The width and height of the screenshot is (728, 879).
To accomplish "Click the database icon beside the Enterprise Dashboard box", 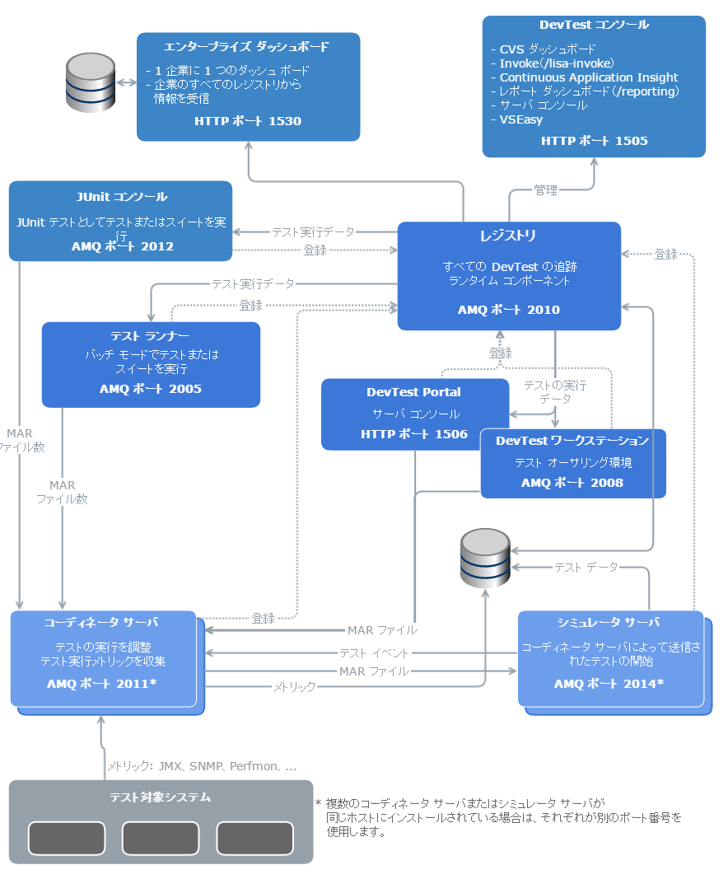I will pyautogui.click(x=90, y=82).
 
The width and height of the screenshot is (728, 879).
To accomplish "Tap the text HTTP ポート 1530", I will pyautogui.click(x=248, y=121).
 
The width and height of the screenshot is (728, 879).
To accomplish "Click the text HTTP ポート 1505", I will pyautogui.click(x=594, y=141).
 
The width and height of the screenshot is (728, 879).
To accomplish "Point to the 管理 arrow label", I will pyautogui.click(x=545, y=190).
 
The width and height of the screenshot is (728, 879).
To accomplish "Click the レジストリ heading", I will pyautogui.click(x=508, y=236).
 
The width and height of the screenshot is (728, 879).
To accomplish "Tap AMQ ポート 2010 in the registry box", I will pyautogui.click(x=508, y=310).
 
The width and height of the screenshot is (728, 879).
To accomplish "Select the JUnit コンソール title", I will pyautogui.click(x=120, y=197).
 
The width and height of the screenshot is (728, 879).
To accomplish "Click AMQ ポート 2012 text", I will pyautogui.click(x=122, y=245).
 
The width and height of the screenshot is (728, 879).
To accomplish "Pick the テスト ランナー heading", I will pyautogui.click(x=150, y=336).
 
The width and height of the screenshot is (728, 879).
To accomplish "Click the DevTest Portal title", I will pyautogui.click(x=413, y=392).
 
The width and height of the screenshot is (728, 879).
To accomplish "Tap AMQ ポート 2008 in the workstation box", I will pyautogui.click(x=572, y=483).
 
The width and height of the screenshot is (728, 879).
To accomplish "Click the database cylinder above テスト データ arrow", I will pyautogui.click(x=485, y=558).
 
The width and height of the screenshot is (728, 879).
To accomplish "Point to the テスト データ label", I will pyautogui.click(x=586, y=567).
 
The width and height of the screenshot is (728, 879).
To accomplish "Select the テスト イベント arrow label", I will pyautogui.click(x=374, y=652).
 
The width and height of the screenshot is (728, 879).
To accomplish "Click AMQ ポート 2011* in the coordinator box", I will pyautogui.click(x=101, y=684).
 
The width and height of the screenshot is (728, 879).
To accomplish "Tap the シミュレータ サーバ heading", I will pyautogui.click(x=609, y=622).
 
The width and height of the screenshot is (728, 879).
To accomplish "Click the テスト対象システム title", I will pyautogui.click(x=161, y=797).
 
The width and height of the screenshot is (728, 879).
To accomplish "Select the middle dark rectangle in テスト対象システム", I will pyautogui.click(x=161, y=838).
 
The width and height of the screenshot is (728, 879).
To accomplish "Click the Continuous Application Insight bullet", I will pyautogui.click(x=588, y=77).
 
